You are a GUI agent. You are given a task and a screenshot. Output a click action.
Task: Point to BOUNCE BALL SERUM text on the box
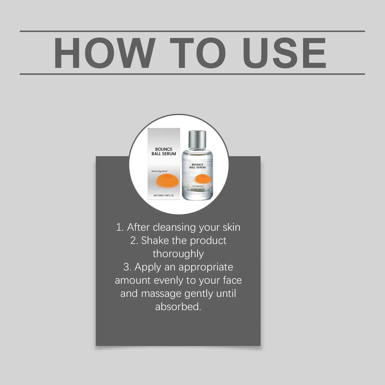(x=164, y=151)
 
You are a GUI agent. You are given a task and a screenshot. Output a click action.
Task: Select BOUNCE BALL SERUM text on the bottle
(x=197, y=166)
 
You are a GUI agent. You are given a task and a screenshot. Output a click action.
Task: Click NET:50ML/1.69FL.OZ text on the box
(x=164, y=196)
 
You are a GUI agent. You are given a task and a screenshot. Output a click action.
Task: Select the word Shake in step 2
(x=155, y=241)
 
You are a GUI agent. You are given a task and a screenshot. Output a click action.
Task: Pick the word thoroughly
(x=178, y=254)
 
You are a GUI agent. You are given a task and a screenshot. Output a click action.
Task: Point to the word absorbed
(x=178, y=307)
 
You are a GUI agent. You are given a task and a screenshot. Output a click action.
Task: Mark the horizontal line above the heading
(x=192, y=31)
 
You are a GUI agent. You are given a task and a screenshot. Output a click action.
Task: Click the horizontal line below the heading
(x=192, y=74)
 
